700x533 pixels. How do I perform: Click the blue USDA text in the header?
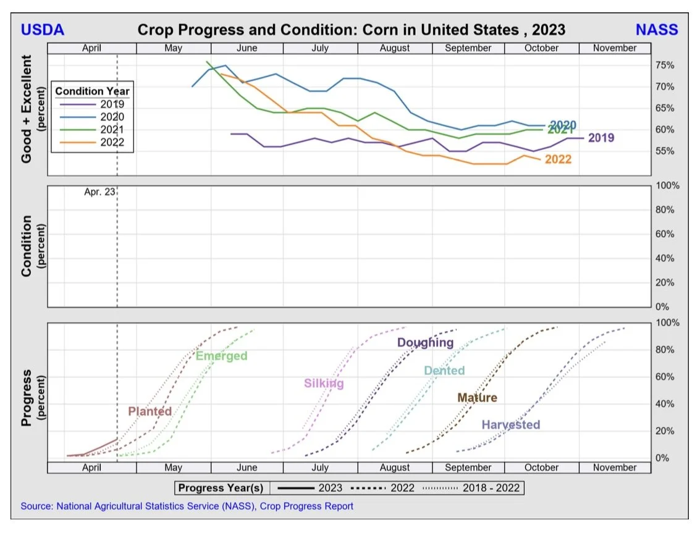43,30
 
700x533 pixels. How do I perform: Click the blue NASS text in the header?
657,30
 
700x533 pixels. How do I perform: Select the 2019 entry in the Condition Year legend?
112,104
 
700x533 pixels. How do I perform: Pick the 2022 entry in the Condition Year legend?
112,143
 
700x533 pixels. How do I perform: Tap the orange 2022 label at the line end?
558,159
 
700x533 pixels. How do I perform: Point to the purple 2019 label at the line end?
601,138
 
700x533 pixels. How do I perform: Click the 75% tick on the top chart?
665,65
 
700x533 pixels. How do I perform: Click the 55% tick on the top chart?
665,151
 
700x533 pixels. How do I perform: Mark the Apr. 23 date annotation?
99,192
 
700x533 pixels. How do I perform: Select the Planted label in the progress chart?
150,411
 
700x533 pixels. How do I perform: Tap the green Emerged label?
221,356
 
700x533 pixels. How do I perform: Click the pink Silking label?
324,384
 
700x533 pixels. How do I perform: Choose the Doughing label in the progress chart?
425,343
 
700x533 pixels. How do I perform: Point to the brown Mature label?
477,398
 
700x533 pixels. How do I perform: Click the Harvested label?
510,425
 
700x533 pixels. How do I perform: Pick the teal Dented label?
444,371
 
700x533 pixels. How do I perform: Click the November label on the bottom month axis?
614,468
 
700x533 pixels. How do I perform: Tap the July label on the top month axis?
320,48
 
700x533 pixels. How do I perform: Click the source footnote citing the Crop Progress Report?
187,506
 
